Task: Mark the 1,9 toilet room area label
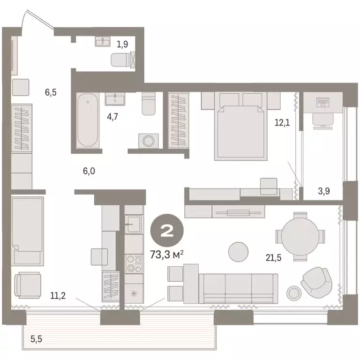click(x=122, y=45)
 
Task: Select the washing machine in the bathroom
click(x=149, y=141)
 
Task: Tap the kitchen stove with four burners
click(x=133, y=264)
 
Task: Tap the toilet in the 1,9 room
click(x=120, y=60)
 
